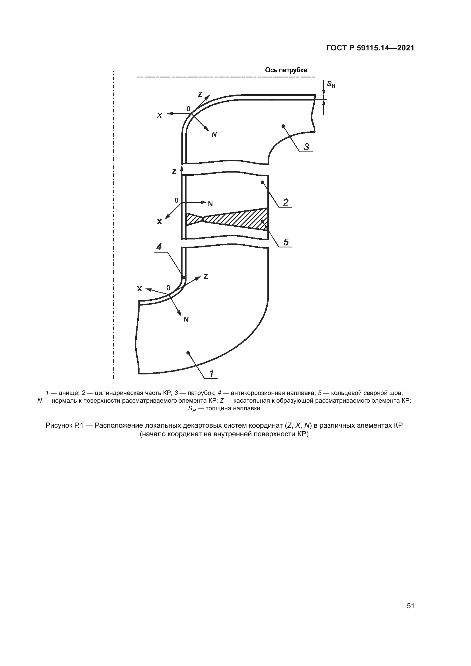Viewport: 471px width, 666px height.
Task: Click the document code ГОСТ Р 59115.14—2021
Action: [370, 48]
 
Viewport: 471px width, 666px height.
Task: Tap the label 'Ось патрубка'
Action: [286, 70]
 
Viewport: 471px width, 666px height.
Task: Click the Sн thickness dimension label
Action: [331, 84]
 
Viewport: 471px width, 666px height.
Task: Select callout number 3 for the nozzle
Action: [306, 147]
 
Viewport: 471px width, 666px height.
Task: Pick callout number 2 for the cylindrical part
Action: [286, 202]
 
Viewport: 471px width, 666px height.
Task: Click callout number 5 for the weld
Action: [286, 242]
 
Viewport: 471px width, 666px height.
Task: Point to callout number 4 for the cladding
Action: [159, 247]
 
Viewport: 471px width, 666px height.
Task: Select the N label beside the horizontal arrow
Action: [210, 204]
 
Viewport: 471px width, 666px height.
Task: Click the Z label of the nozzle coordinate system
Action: [200, 94]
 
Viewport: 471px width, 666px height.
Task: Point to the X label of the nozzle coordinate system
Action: [159, 115]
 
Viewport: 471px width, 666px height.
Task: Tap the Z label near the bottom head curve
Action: [205, 277]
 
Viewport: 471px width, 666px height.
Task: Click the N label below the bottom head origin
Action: [186, 320]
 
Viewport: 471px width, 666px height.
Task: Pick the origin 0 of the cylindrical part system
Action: [176, 200]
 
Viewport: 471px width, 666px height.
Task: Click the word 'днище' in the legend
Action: [68, 393]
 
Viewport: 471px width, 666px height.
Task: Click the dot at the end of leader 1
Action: [188, 353]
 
